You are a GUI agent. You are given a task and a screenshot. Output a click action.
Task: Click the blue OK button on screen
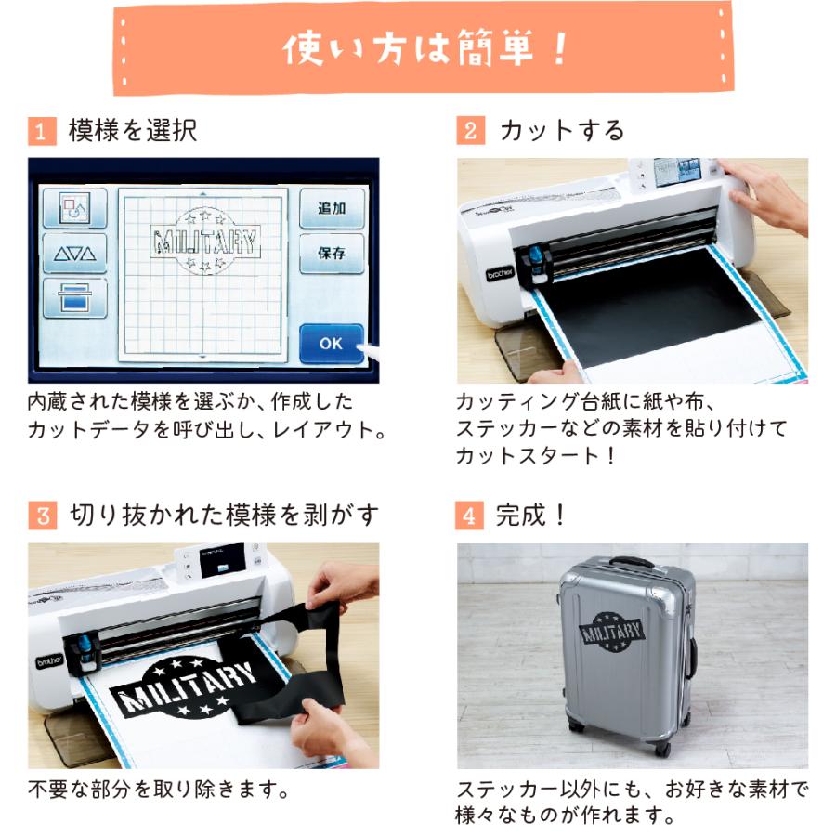click(332, 343)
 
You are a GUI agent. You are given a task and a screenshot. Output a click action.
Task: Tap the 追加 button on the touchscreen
click(332, 208)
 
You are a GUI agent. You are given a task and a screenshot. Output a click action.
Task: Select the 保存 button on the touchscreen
click(332, 253)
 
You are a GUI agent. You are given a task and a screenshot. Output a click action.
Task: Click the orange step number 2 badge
click(470, 131)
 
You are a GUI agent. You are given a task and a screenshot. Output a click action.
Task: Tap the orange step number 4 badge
click(470, 515)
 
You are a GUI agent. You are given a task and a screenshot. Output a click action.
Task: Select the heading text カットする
click(563, 131)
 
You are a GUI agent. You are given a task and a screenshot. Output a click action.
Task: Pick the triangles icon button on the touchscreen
click(74, 253)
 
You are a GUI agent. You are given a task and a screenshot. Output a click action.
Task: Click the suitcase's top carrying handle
click(631, 563)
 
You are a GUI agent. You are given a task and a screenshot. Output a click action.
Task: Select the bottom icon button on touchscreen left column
click(74, 298)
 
